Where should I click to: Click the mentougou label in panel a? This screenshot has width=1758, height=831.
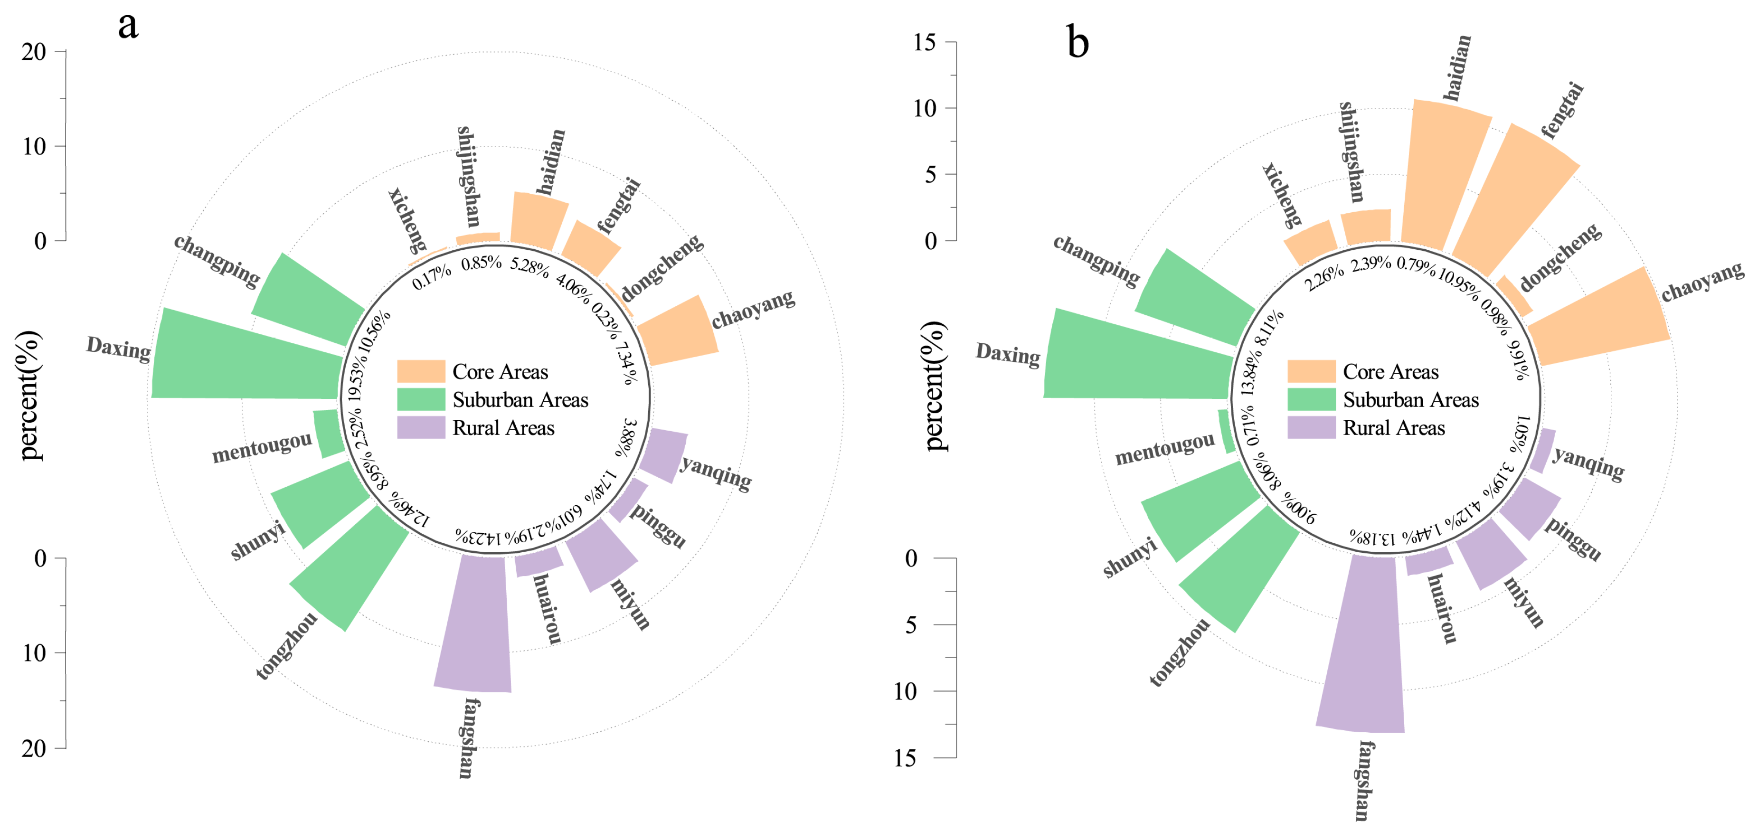pyautogui.click(x=261, y=448)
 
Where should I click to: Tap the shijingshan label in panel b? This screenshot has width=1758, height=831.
pyautogui.click(x=1351, y=151)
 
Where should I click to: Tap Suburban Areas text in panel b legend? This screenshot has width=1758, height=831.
pyautogui.click(x=1411, y=400)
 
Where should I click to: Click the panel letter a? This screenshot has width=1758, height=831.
pyautogui.click(x=128, y=26)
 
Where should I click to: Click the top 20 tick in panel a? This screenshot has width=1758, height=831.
pyautogui.click(x=60, y=51)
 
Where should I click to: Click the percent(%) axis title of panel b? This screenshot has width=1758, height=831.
pyautogui.click(x=936, y=386)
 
